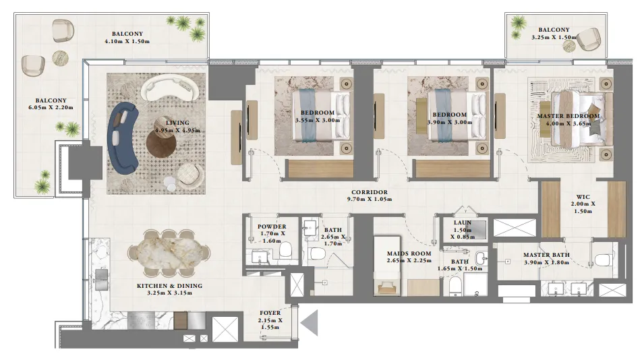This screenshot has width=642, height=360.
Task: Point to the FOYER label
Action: pos(270,313)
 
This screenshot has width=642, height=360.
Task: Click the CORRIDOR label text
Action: pos(368,192)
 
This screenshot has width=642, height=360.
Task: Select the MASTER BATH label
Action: pos(546,255)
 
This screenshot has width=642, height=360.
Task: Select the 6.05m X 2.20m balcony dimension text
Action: pos(47,107)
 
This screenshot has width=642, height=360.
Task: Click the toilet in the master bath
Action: pos(603,258)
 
